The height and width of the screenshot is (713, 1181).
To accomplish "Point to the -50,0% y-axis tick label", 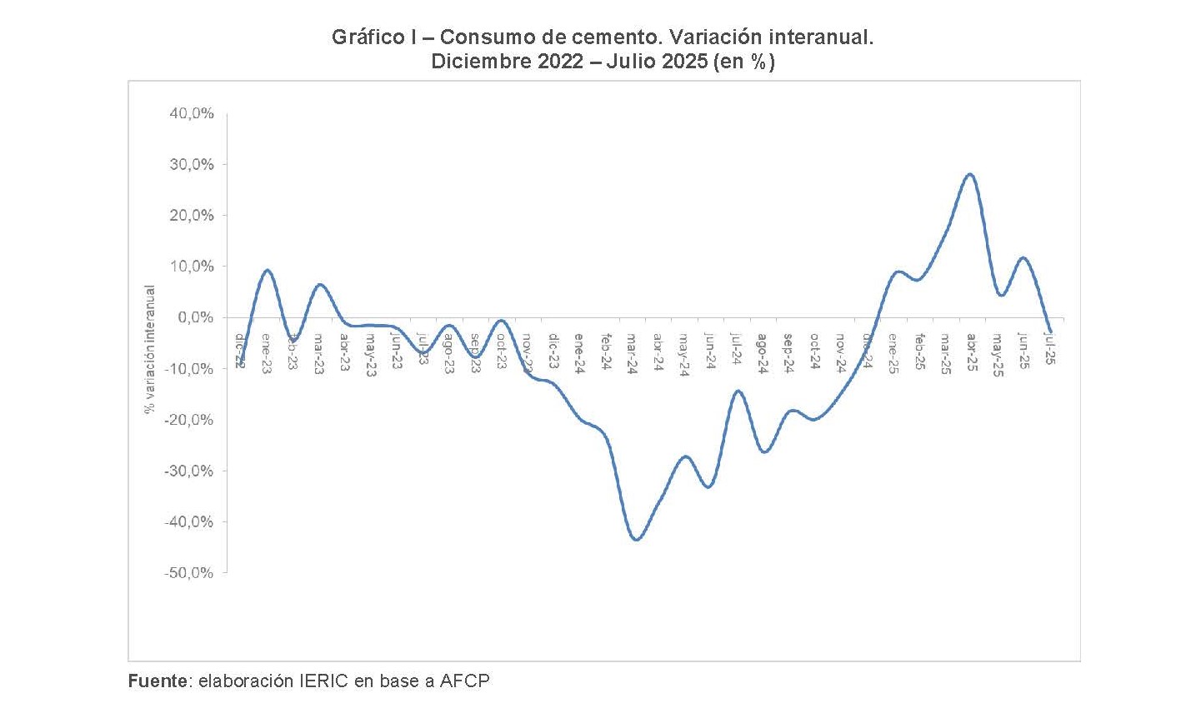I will tap(191, 573).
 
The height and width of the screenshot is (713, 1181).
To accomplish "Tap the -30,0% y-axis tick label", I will tap(191, 471).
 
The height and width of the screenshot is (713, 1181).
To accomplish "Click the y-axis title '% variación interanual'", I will tap(150, 350).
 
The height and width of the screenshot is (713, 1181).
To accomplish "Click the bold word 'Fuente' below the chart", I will tap(158, 681).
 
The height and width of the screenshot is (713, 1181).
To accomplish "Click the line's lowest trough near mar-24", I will tap(636, 540).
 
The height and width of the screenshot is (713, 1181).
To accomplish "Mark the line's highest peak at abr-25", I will tap(970, 174).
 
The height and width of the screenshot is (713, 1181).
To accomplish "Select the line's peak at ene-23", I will tap(267, 270).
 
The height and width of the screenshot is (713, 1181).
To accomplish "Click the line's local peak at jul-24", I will tap(738, 391).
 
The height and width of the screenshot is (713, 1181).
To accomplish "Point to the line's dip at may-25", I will tap(1001, 295).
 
